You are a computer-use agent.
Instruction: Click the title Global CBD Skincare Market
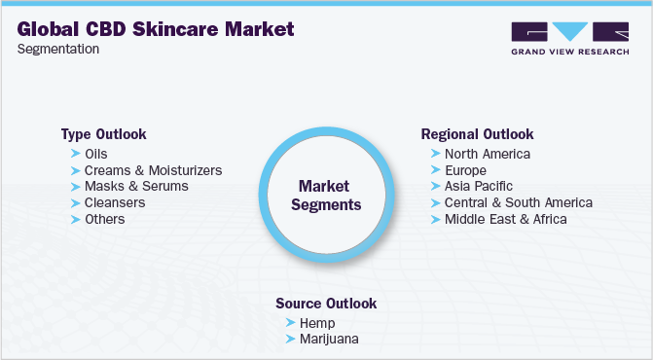click(x=156, y=30)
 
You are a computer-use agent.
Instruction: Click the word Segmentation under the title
click(x=58, y=49)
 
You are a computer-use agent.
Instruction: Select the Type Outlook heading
click(x=103, y=133)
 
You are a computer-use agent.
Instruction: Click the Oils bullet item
click(x=95, y=154)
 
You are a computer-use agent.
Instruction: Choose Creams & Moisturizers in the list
click(x=153, y=170)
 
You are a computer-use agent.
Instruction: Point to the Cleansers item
click(x=115, y=202)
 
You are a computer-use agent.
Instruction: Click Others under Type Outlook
click(x=104, y=219)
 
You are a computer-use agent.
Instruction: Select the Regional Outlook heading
click(x=477, y=133)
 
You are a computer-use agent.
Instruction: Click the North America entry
click(x=488, y=154)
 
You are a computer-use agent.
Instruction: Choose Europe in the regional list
click(x=465, y=170)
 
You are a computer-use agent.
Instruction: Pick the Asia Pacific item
click(x=478, y=186)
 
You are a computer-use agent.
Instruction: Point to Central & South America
click(x=518, y=202)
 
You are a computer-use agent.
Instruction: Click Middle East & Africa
click(x=505, y=219)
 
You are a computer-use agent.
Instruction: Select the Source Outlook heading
click(x=326, y=303)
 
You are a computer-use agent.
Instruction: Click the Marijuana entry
click(x=329, y=339)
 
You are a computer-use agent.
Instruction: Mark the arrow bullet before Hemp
click(x=289, y=322)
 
